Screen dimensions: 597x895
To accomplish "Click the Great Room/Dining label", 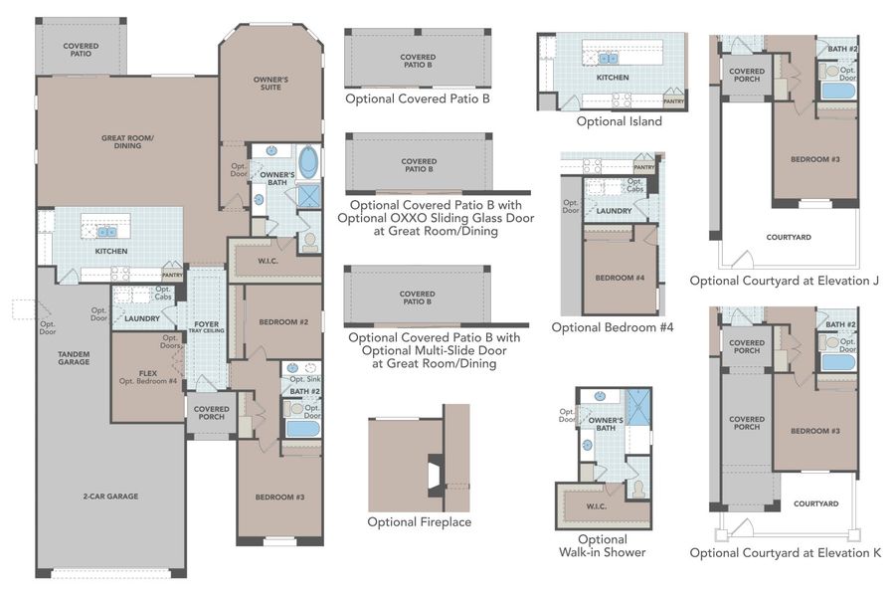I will point(127,141).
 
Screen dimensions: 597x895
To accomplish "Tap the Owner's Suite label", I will point(270,83).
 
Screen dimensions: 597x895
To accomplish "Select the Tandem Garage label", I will point(74,357).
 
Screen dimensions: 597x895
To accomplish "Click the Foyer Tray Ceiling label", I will point(207,327).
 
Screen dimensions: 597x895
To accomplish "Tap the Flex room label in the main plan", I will point(148,377).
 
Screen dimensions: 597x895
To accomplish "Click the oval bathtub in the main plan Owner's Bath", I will point(308,162).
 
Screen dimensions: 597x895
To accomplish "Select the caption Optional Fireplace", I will point(419,521).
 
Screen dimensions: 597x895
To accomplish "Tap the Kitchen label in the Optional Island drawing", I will point(612,77).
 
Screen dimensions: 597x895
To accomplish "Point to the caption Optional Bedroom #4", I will point(613,326).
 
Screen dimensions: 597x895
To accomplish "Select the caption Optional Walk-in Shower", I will point(604,545).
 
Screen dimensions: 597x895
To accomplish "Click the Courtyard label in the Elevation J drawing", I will point(789,237).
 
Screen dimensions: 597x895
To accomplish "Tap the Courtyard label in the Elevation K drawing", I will point(815,503).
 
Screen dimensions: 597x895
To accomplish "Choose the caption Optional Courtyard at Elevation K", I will point(785,553).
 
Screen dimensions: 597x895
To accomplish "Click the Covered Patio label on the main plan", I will point(81,50).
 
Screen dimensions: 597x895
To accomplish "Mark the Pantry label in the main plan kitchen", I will point(172,275).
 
